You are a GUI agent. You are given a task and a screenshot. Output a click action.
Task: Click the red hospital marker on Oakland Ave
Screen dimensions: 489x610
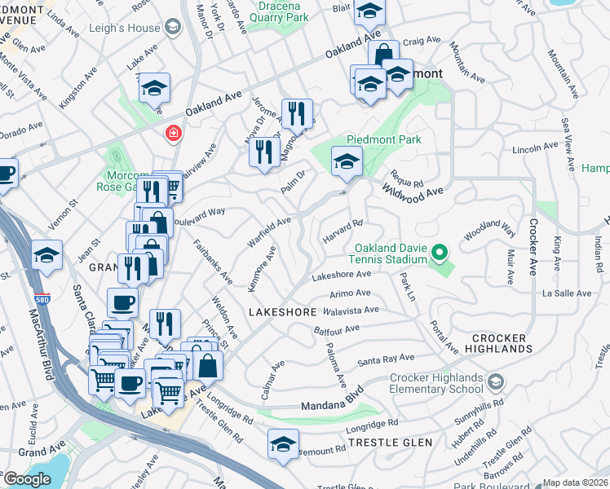tap(173, 133)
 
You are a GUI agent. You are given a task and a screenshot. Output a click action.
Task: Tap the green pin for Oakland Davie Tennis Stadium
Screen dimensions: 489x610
tap(440, 253)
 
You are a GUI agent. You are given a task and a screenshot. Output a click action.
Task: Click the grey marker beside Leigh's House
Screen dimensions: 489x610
tap(172, 28)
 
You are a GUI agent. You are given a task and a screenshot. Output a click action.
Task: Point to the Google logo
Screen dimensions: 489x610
tap(27, 479)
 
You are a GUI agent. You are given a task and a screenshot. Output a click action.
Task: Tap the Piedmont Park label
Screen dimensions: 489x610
tap(384, 139)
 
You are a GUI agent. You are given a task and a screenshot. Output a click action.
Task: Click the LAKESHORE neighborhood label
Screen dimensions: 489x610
tap(276, 312)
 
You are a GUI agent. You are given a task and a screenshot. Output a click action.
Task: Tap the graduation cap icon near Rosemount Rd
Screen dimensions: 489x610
tap(283, 444)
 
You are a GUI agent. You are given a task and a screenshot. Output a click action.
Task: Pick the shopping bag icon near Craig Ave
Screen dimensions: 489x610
tap(383, 55)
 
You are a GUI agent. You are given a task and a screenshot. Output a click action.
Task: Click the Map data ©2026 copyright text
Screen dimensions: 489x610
tap(575, 482)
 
